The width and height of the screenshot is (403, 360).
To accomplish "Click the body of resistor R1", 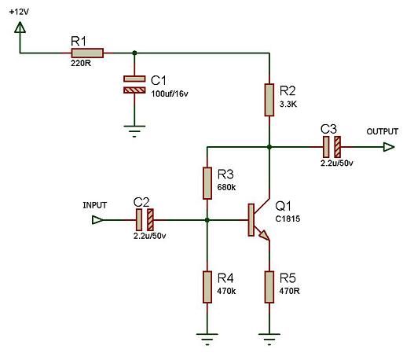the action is coord(87,53).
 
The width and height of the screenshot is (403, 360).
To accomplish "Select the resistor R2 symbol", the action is coord(269,100).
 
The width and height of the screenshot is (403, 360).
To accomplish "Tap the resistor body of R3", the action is coord(207,183).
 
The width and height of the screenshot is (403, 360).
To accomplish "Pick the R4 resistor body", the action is coord(207,287).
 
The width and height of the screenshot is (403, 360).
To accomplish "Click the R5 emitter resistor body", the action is coord(269,287).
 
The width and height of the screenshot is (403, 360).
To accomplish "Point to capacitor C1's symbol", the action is coord(134,84).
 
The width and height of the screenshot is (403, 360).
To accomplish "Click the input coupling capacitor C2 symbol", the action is coord(145,219).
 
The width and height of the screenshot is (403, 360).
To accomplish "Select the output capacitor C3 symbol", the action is coord(332,147).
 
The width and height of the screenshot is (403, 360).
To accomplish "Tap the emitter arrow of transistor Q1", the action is coord(264,235).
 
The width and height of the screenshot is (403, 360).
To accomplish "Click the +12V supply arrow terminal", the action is coord(20,28).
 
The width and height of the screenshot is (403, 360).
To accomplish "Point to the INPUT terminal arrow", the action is coord(97,219).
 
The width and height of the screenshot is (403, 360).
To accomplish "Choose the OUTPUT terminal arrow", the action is coord(389,147).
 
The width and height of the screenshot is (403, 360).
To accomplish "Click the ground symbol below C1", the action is coord(134,131).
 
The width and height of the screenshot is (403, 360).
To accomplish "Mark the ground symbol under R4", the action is coord(207,340).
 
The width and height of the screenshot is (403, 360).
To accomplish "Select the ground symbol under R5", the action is coord(269,340).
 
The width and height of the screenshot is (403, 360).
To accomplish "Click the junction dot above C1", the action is coord(134,53).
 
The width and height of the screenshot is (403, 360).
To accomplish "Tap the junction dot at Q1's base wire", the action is coord(207,220).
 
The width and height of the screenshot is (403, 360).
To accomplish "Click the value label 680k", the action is coord(226,187).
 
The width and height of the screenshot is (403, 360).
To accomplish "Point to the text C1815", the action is coord(288,219).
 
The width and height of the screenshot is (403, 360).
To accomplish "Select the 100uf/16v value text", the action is coord(170,94).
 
